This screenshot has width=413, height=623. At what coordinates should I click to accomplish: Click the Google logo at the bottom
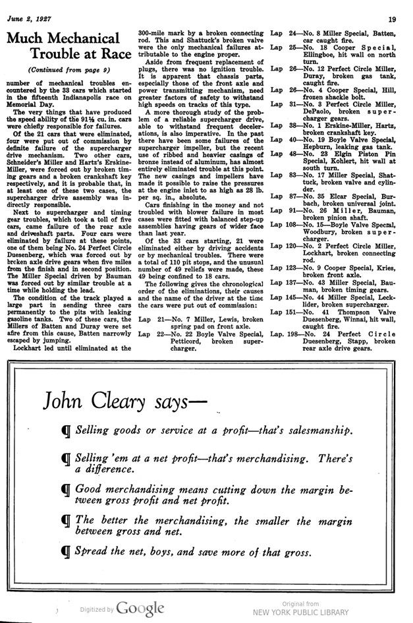141,608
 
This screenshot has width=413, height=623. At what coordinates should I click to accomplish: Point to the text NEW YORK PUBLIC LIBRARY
300,612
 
